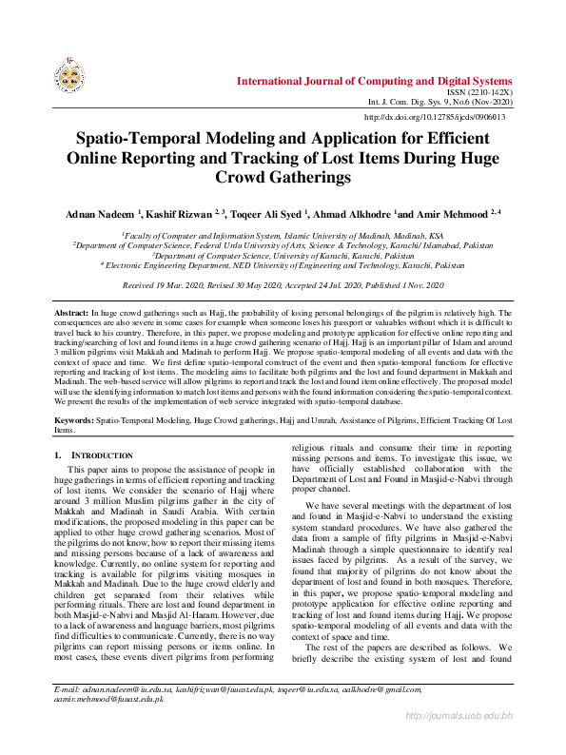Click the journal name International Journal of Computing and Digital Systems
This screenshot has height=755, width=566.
click(x=375, y=81)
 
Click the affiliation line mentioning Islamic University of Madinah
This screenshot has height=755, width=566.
click(x=283, y=235)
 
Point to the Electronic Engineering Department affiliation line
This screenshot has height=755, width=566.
click(x=283, y=266)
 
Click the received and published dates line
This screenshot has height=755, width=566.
click(x=283, y=285)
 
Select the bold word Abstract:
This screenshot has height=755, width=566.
click(x=70, y=312)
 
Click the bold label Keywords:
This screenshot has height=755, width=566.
click(x=73, y=417)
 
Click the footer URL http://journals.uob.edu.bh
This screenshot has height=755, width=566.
click(x=459, y=741)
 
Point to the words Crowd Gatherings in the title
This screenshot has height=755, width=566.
click(x=283, y=178)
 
